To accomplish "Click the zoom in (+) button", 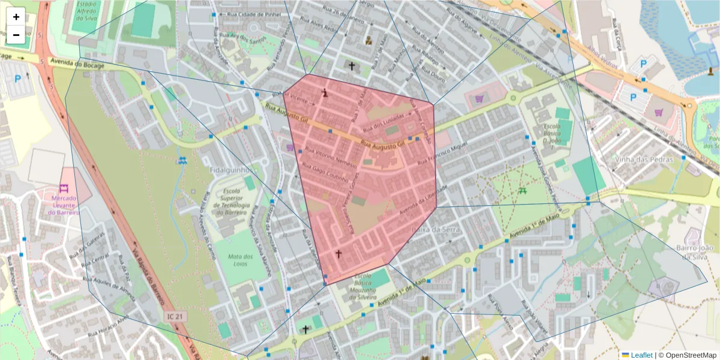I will pos(16,17).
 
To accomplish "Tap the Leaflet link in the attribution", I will pos(641,355).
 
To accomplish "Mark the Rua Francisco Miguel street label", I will pos(442,154).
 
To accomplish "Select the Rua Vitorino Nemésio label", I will pos(331,157).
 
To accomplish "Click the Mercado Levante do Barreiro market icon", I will pos(64,188).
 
